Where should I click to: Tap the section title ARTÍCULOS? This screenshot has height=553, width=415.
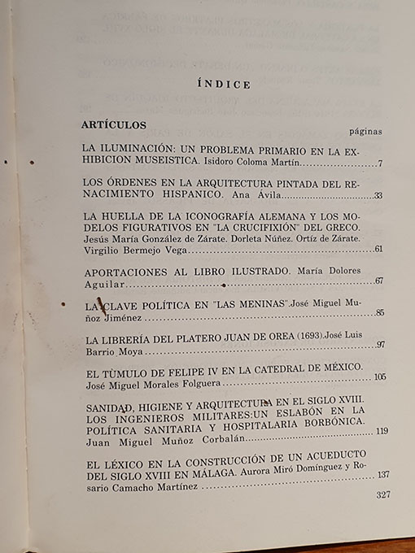coord(114,125)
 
